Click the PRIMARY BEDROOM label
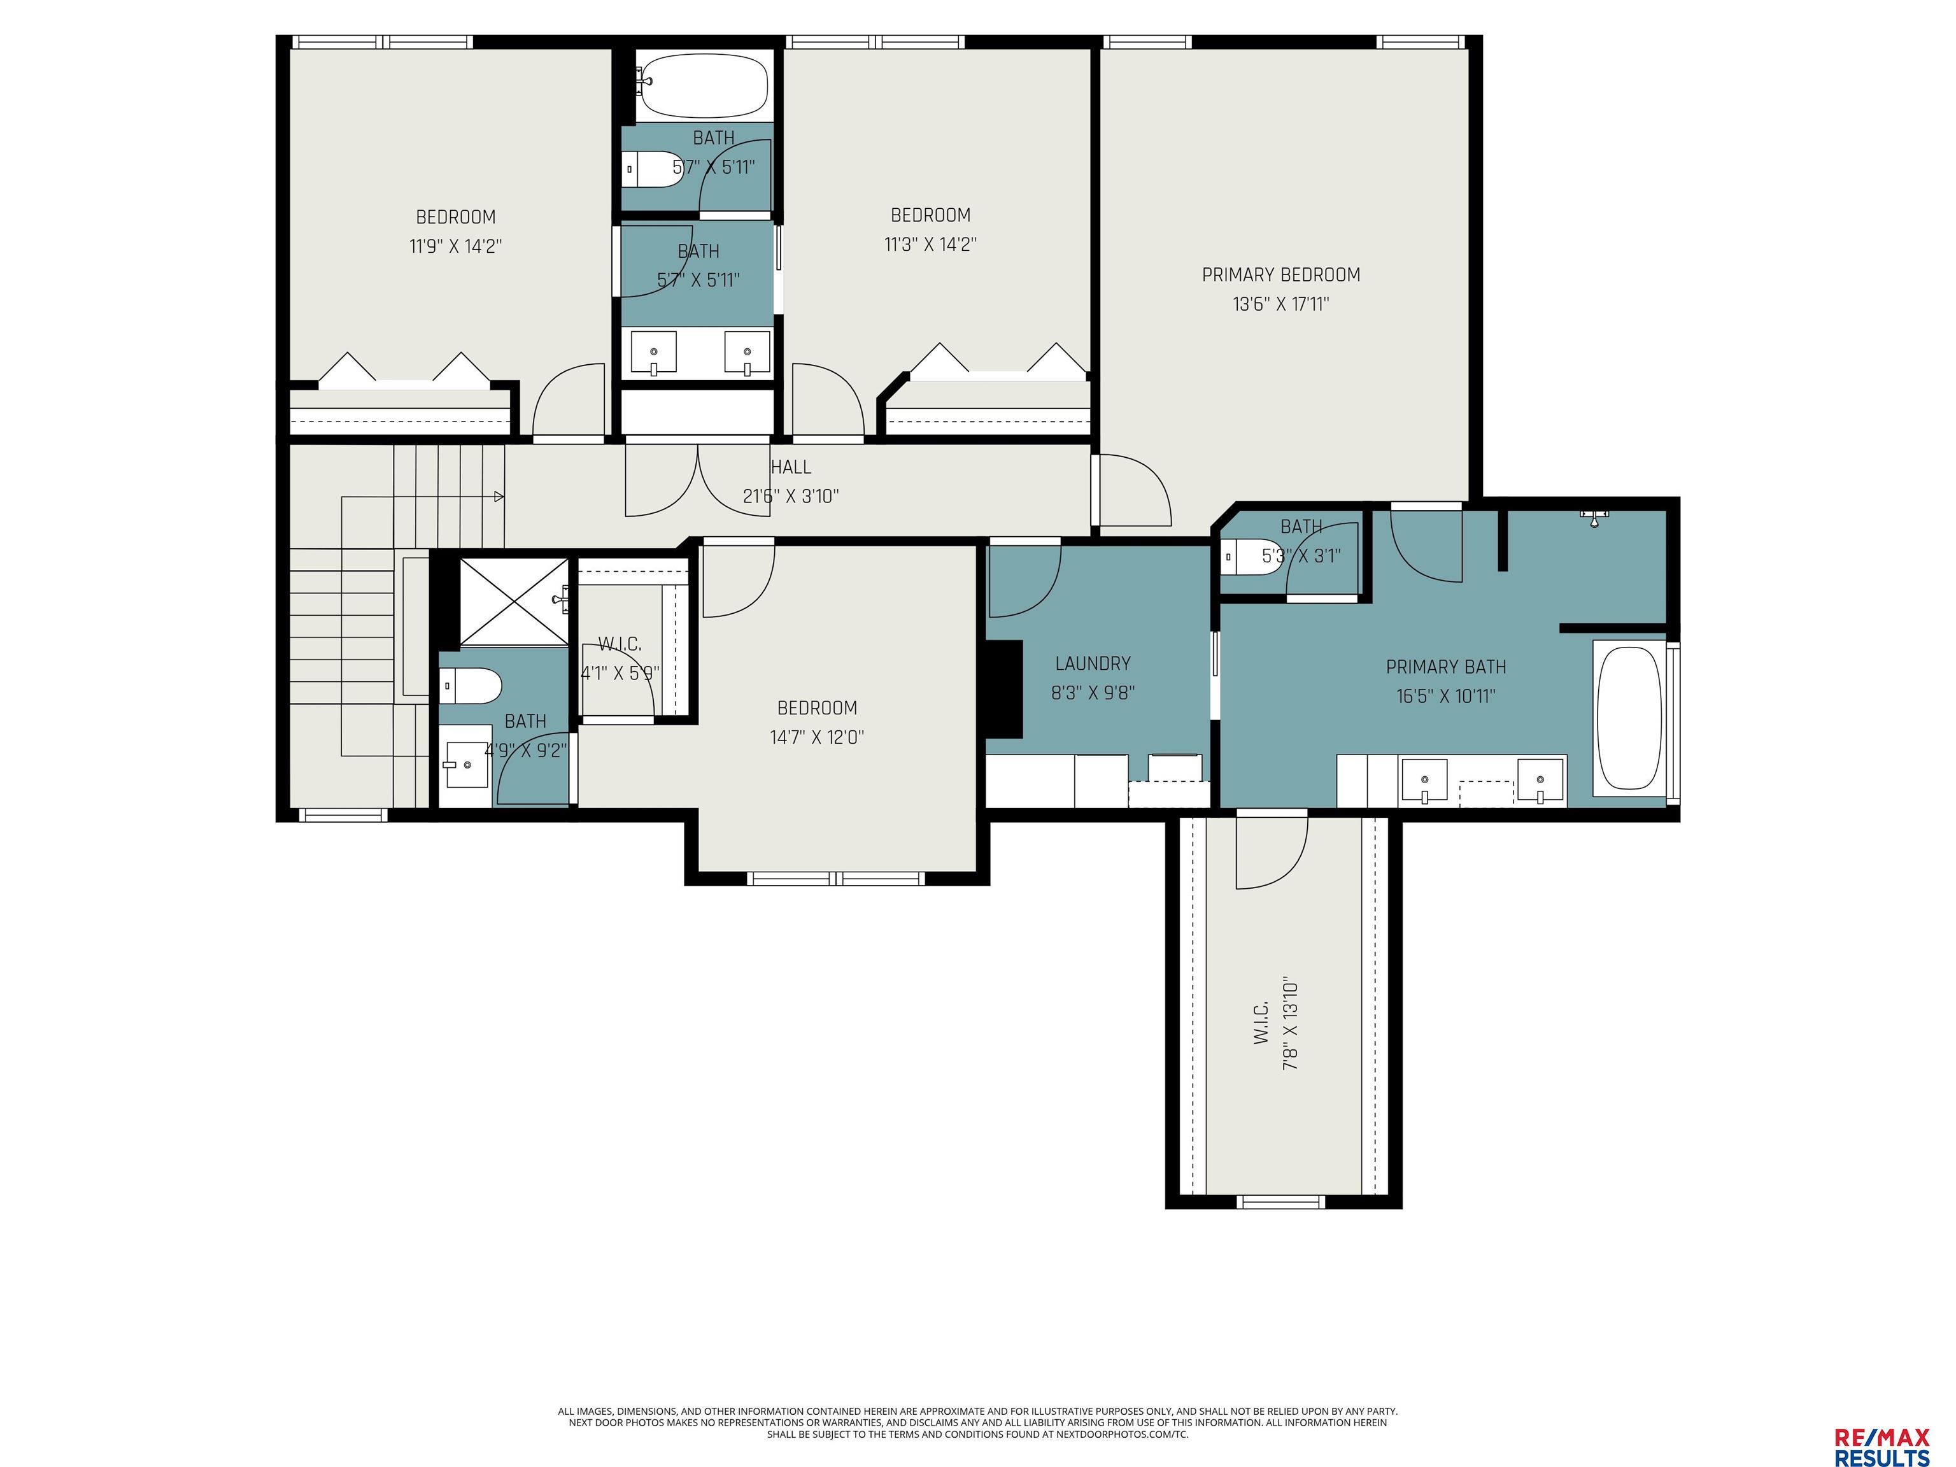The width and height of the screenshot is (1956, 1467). [x=1280, y=275]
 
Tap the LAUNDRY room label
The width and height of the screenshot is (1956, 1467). [x=1093, y=663]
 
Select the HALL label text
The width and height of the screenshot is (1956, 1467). [x=791, y=467]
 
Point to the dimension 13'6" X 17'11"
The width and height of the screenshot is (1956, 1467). [x=1281, y=304]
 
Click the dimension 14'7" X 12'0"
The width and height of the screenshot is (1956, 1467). [x=817, y=737]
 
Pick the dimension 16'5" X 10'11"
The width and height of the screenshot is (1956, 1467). [x=1446, y=696]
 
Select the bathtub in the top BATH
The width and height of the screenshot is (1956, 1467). [x=704, y=86]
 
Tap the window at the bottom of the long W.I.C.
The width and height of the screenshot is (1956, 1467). [x=1280, y=1201]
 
